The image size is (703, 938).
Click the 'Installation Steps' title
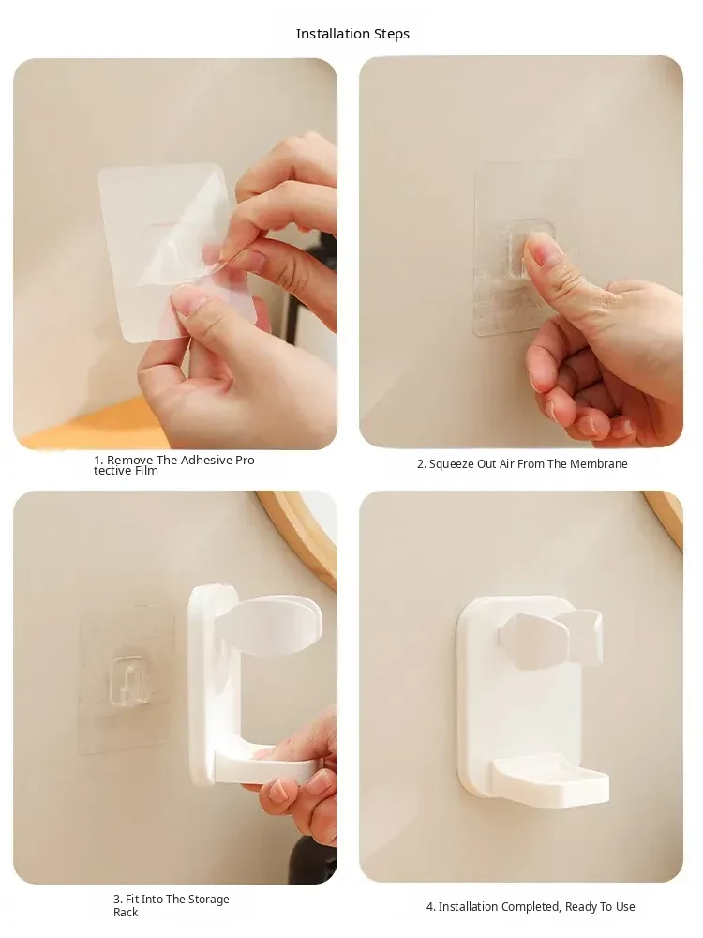[352, 34]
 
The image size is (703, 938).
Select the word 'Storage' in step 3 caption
[209, 900]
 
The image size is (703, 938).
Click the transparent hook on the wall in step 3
[128, 678]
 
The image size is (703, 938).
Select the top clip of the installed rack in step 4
[550, 638]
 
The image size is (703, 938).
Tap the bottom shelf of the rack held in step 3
[263, 770]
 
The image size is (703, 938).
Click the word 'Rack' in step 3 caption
[126, 913]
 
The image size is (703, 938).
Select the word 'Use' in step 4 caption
[625, 907]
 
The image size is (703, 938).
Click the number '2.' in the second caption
[422, 464]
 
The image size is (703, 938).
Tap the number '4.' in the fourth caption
[431, 907]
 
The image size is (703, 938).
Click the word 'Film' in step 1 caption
[146, 471]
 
